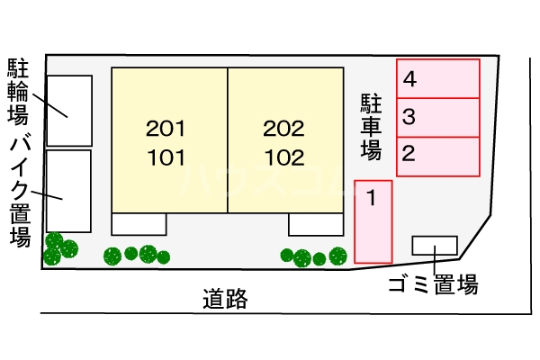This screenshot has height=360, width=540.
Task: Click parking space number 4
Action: point(438,79)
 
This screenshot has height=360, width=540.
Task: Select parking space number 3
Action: point(438,117)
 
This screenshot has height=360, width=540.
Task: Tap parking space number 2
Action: point(438,155)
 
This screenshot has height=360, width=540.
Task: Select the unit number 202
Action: point(283,129)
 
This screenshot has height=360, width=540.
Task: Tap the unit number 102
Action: point(283,159)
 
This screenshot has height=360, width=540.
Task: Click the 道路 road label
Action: point(225,299)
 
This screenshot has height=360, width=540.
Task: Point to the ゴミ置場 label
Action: point(432,286)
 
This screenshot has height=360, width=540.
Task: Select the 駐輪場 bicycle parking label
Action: point(19,91)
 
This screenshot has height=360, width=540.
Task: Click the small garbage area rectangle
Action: point(435,245)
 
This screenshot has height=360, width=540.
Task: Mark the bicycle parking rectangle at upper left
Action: point(68,111)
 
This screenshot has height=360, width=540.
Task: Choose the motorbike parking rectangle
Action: point(68,191)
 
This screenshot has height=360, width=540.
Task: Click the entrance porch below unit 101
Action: point(139,224)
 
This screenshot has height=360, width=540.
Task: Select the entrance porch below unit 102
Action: point(316,224)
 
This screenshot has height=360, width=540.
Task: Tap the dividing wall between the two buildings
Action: point(228,141)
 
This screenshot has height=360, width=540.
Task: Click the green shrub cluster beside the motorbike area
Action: point(60,248)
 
